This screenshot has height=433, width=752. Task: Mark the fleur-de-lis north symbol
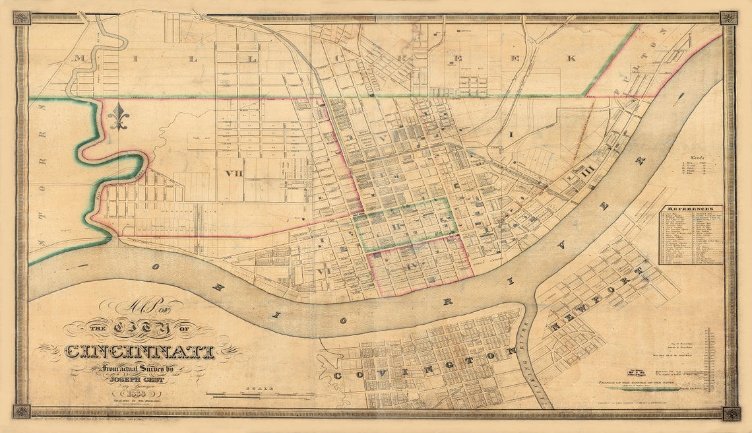click(119, 117)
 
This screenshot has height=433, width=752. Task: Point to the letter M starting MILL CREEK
click(80, 59)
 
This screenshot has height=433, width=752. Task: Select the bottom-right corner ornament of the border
click(730, 413)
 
